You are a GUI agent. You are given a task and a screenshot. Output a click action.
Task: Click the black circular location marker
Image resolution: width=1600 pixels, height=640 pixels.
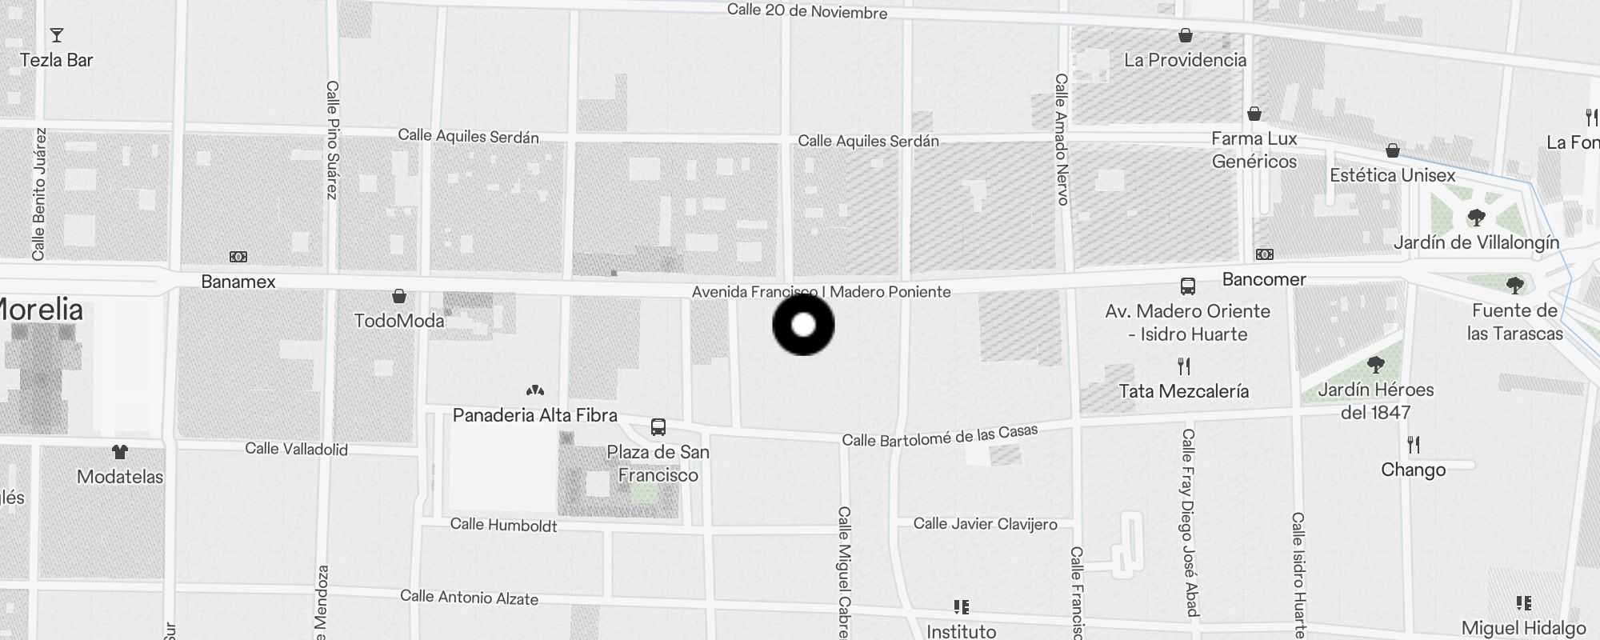[x=803, y=325]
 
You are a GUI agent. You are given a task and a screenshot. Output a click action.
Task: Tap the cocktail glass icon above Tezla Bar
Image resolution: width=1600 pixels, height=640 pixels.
[x=57, y=35]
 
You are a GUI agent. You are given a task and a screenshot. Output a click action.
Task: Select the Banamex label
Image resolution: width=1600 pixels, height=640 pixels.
[x=238, y=282]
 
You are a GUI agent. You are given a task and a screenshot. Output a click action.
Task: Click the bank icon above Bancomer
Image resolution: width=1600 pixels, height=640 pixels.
[x=1265, y=254]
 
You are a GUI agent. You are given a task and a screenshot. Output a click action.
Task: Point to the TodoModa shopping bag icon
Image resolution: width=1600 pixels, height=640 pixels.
[x=398, y=296]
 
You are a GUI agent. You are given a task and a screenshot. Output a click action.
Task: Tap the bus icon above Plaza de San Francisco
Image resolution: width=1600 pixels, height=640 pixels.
[x=658, y=427]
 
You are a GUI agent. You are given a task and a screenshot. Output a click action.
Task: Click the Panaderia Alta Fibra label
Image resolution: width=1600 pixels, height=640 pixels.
[x=534, y=415]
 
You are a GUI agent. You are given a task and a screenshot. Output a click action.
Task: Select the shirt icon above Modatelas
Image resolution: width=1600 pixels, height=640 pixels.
[x=120, y=452]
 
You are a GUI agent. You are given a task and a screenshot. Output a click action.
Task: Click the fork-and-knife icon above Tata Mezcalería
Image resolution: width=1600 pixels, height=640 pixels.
[x=1184, y=366]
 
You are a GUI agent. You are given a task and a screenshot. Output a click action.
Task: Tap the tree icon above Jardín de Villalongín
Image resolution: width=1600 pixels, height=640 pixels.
[x=1476, y=218]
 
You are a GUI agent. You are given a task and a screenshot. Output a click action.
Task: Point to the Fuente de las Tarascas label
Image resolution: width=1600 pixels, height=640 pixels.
[x=1514, y=322]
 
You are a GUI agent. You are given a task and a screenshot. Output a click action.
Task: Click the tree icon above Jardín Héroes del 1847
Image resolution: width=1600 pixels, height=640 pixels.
[x=1376, y=366]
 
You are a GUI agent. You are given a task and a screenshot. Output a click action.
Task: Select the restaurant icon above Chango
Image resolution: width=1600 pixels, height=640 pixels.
[x=1414, y=445]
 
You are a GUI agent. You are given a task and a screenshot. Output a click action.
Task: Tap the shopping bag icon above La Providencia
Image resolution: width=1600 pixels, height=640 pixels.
[x=1186, y=35]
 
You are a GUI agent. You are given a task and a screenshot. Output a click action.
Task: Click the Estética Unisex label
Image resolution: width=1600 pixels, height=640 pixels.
[x=1392, y=175]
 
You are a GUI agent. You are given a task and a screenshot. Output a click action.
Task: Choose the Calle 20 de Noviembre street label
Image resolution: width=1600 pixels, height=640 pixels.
[x=806, y=11]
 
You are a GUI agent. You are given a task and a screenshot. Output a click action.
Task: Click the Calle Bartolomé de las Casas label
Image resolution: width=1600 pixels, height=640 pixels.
[x=940, y=436]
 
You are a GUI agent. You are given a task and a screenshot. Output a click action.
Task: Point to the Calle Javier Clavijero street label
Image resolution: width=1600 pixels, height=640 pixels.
[x=985, y=524]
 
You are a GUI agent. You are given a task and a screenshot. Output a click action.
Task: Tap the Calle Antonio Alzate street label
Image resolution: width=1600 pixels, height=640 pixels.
[x=469, y=597]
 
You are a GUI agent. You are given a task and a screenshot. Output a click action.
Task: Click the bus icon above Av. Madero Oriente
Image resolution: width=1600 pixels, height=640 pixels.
[x=1188, y=286]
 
